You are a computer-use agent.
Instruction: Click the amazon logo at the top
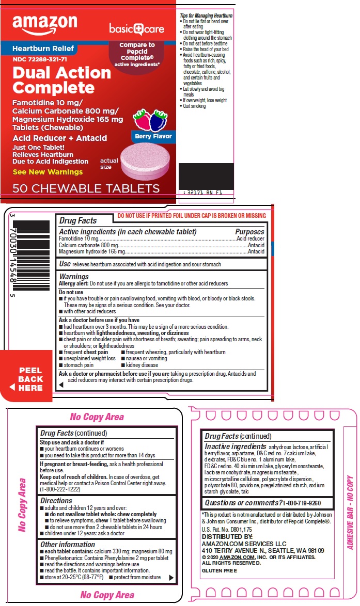pos(44,24)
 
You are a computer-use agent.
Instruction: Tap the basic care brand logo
pos(136,29)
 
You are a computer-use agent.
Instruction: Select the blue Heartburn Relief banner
pos(43,49)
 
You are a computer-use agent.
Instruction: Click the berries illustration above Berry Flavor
pos(150,120)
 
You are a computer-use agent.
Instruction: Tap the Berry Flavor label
pos(152,137)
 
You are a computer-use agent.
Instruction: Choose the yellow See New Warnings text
pos(48,172)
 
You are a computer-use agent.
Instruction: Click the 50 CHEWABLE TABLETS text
pos(86,188)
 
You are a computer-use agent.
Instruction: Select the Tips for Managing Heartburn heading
pos(206,16)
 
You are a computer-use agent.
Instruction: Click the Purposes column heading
pos(249,232)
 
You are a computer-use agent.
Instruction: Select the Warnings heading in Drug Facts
pos(74,277)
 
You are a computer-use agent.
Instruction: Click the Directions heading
pos(56,501)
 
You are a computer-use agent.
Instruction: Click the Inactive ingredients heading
pos(236,446)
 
